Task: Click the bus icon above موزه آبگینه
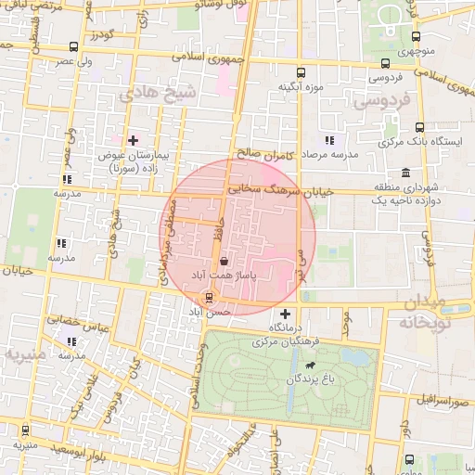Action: [x=300, y=72]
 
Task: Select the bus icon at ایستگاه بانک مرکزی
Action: [x=419, y=127]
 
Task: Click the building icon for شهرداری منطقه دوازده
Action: [x=406, y=173]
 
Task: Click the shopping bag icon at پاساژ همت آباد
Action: [x=225, y=263]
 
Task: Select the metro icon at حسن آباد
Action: [x=210, y=298]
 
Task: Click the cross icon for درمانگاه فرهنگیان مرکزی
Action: [x=285, y=314]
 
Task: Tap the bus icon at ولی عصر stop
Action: [x=73, y=46]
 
